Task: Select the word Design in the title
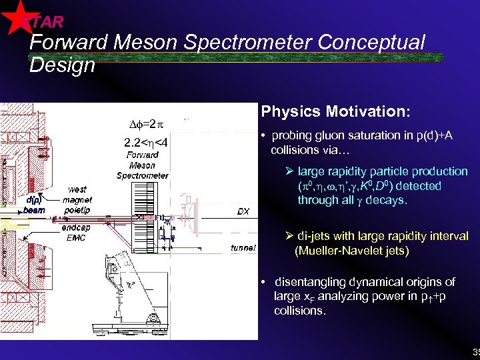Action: click(63, 65)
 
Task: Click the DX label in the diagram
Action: click(243, 211)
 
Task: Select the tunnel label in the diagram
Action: click(243, 248)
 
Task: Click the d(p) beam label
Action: click(34, 205)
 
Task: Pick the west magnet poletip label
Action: click(77, 199)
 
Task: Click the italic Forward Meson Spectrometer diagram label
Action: click(142, 165)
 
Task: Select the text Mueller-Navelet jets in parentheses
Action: click(352, 251)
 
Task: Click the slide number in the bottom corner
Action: click(475, 352)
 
